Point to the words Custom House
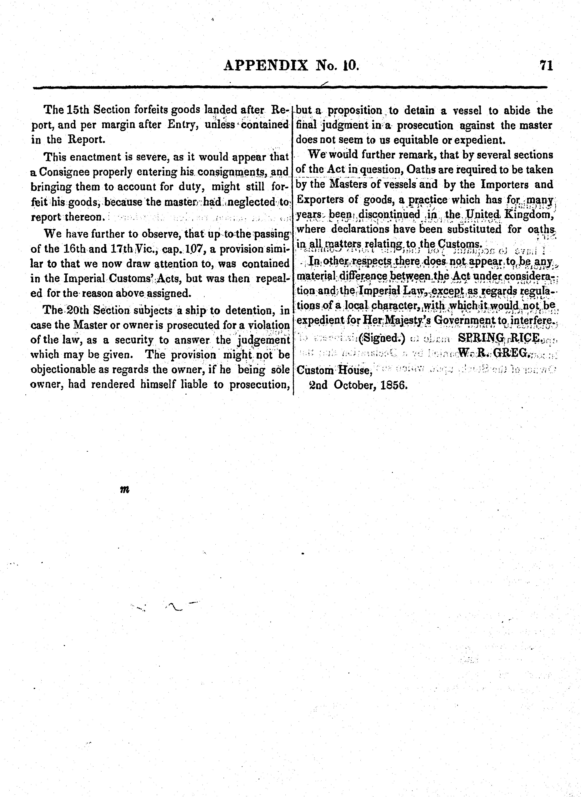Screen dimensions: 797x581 pos(334,370)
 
